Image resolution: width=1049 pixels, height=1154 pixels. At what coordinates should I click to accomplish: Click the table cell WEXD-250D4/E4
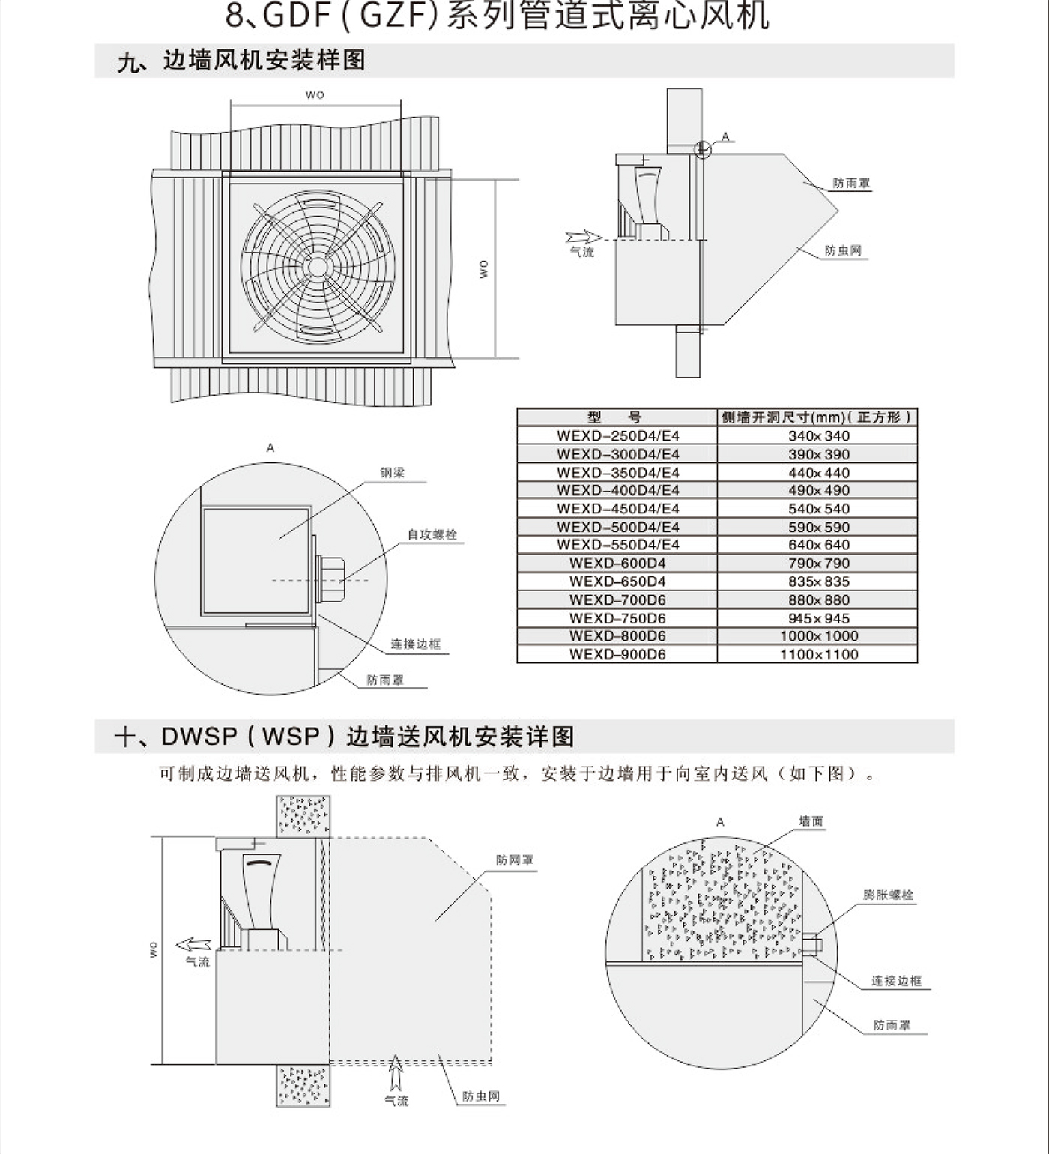[617, 436]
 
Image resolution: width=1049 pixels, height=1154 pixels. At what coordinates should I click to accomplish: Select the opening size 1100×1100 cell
[818, 654]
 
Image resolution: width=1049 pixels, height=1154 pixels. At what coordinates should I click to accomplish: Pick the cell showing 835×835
[818, 581]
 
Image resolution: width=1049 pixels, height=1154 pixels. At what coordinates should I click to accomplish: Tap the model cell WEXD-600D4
[617, 564]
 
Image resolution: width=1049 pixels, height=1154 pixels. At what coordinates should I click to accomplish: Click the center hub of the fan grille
[317, 267]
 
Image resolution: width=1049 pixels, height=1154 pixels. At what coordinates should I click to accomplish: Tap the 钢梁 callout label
[392, 473]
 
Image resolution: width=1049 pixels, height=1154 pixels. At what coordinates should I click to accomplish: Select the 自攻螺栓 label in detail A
[432, 535]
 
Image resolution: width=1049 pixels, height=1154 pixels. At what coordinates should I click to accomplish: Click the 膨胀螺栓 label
[888, 895]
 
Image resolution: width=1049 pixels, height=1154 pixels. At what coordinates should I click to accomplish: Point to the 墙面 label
[811, 821]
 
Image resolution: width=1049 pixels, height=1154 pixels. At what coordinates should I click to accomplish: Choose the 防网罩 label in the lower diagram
[514, 860]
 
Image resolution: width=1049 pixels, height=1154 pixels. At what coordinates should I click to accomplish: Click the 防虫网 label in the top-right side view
[843, 251]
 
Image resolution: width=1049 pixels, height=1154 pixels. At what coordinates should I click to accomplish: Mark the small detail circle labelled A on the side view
[702, 149]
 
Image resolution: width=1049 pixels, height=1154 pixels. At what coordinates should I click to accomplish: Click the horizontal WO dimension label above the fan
[315, 95]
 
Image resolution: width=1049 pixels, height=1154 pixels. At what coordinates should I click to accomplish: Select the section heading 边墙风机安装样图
[264, 61]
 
